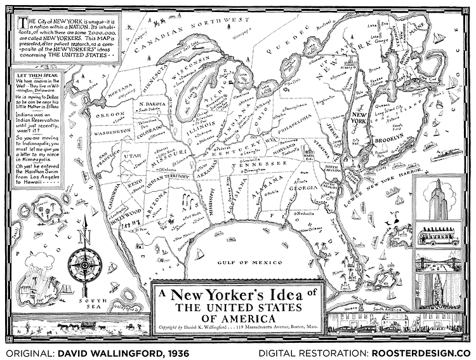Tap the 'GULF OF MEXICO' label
(x=249, y=262)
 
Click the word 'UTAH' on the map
(x=134, y=155)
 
